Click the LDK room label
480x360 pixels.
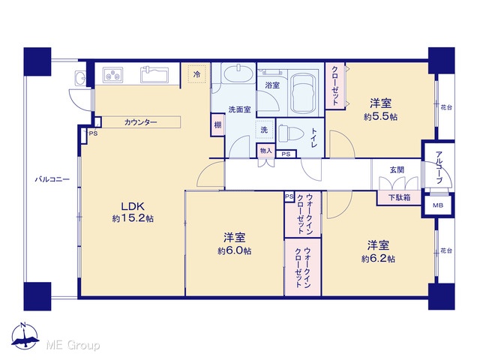(x=133, y=206)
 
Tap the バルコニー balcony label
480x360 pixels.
(x=52, y=179)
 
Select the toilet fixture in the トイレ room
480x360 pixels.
(x=290, y=133)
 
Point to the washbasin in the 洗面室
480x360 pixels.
(x=238, y=73)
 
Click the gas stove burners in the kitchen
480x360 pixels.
(x=112, y=75)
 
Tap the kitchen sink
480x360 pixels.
(x=154, y=75)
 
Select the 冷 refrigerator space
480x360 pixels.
(x=197, y=73)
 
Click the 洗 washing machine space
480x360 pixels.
(x=264, y=130)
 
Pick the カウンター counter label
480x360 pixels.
(x=141, y=122)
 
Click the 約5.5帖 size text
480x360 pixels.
(x=380, y=117)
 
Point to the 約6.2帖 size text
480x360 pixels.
(x=378, y=259)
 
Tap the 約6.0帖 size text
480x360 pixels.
(x=235, y=251)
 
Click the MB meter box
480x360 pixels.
(x=438, y=205)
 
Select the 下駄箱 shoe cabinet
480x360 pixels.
(x=399, y=198)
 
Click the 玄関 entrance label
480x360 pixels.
(x=397, y=169)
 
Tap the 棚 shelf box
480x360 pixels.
(x=217, y=125)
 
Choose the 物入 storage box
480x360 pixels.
(x=265, y=151)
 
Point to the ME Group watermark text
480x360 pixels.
(x=73, y=345)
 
